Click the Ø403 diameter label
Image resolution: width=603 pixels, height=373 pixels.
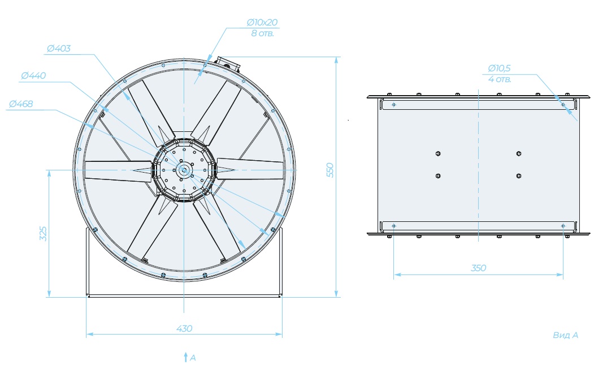[x=59, y=49]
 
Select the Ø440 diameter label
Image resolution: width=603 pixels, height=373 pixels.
[x=33, y=75]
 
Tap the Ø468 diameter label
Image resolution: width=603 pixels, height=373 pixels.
[x=21, y=104]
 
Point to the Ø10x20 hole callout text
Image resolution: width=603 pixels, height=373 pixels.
[x=262, y=22]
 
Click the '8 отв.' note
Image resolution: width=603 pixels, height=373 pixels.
[x=263, y=33]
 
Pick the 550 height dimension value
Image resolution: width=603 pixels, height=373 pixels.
[x=330, y=170]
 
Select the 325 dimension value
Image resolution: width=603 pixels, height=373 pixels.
[x=43, y=234]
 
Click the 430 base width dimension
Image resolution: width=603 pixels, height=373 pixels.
[x=184, y=329]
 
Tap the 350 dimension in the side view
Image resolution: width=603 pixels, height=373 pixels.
[x=479, y=268]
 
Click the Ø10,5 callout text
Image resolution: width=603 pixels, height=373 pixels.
[x=499, y=68]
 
